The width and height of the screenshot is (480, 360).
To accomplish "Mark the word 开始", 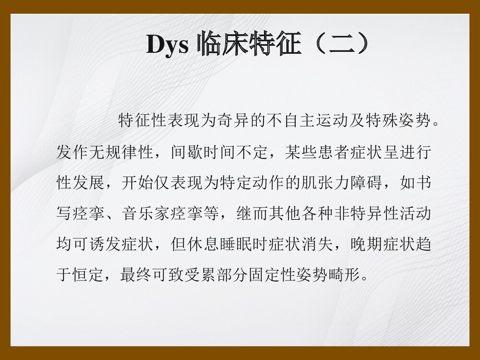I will point(137,183).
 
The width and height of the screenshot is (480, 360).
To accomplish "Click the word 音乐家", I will point(145,214).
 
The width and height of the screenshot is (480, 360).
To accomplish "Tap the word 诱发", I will point(104,245).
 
